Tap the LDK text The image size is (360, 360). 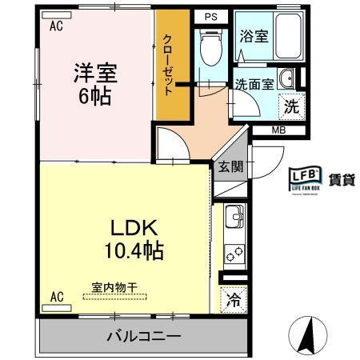coord(133,226)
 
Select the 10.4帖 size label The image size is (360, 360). coord(133,251)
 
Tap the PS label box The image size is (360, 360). coord(210,15)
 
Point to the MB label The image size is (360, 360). coord(278,130)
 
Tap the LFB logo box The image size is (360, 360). coord(305,178)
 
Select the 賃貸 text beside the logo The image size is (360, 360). coord(342,178)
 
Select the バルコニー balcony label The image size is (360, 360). coord(143,337)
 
